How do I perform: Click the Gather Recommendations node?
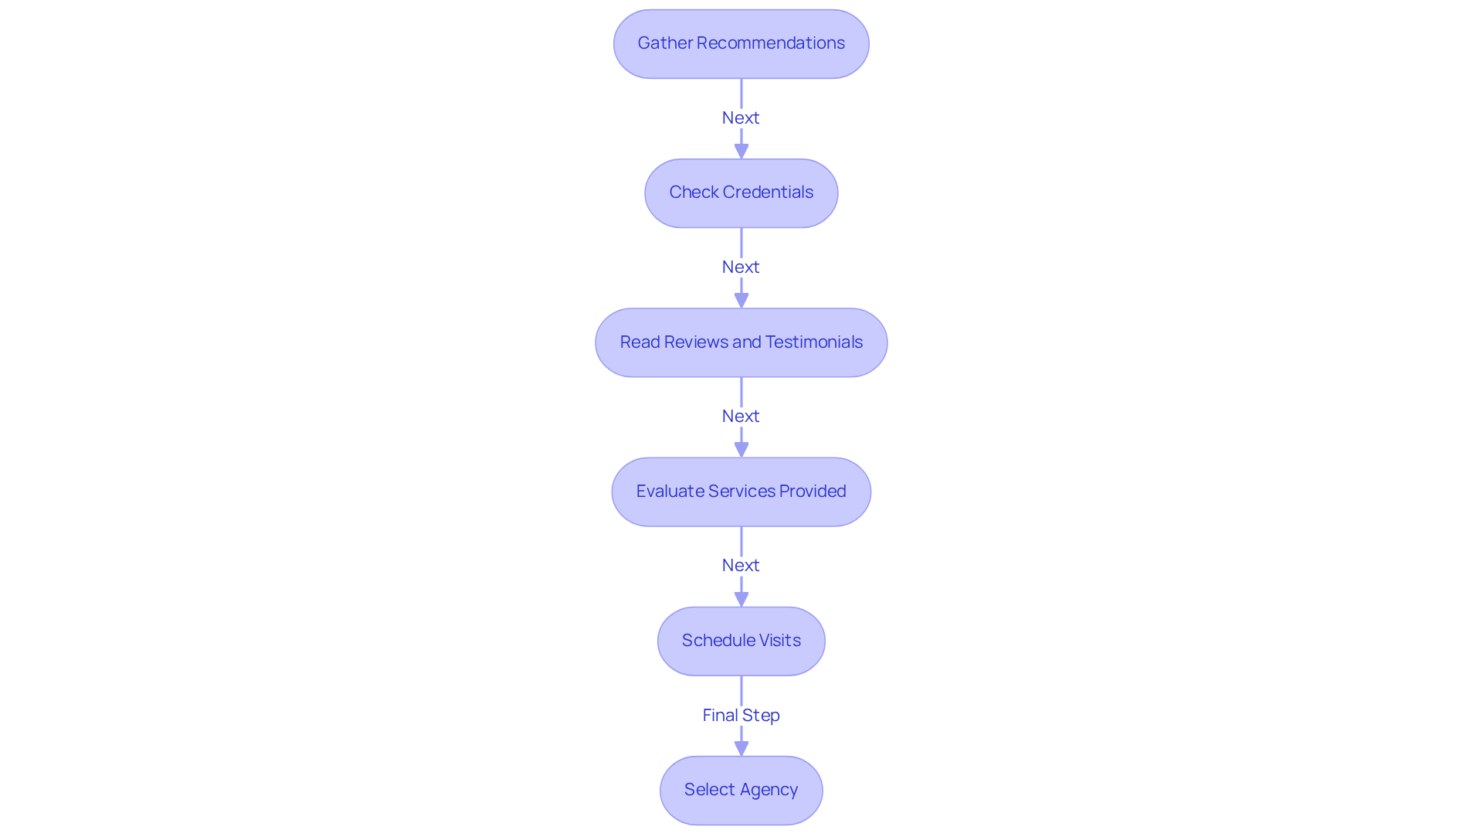pos(741,44)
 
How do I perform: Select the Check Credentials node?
pos(741,193)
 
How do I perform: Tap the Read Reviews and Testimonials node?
pos(741,342)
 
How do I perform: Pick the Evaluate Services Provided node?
pos(741,492)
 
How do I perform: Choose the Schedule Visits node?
pos(741,641)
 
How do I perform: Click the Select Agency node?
pos(741,790)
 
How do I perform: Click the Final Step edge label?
pos(741,715)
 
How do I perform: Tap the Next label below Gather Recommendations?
pos(741,117)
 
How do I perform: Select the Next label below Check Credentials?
pos(741,267)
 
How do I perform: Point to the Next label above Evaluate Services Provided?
pos(741,416)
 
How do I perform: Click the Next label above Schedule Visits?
pos(741,565)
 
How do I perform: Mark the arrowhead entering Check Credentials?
pos(741,151)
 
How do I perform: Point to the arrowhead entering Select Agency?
pos(741,748)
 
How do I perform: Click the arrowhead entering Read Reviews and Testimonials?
pos(741,301)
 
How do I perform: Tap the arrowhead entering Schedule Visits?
pos(741,599)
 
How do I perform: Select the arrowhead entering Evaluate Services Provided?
pos(741,450)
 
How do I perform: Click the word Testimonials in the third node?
pos(813,342)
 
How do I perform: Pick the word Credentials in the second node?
pos(768,192)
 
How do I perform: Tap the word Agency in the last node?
pos(769,790)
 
